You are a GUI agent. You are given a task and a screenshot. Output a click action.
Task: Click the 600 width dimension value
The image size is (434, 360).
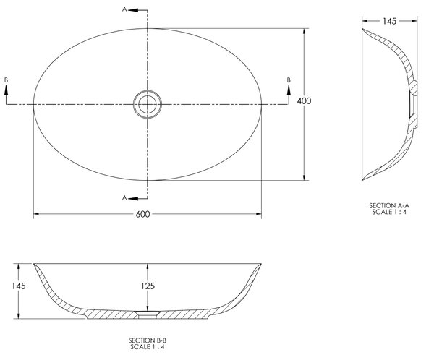pyautogui.click(x=142, y=214)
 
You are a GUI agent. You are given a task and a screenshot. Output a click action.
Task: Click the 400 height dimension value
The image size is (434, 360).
pyautogui.click(x=305, y=101)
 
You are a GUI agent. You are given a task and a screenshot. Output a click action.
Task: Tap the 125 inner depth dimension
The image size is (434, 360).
pyautogui.click(x=148, y=286)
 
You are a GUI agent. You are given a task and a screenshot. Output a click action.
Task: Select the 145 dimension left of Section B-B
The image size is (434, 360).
pyautogui.click(x=19, y=286)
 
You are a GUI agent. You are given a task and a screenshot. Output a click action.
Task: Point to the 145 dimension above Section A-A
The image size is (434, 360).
pyautogui.click(x=390, y=21)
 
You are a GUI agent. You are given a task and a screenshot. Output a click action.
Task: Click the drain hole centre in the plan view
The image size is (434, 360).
pyautogui.click(x=148, y=104)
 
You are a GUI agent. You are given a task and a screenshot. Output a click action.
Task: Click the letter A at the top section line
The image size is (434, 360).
pyautogui.click(x=124, y=9)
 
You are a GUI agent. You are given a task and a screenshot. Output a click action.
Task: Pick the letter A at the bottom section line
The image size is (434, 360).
pyautogui.click(x=124, y=197)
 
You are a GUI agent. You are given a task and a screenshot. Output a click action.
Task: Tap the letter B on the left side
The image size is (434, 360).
pyautogui.click(x=6, y=80)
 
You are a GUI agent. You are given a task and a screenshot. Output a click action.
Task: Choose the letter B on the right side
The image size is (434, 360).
pyautogui.click(x=289, y=80)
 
